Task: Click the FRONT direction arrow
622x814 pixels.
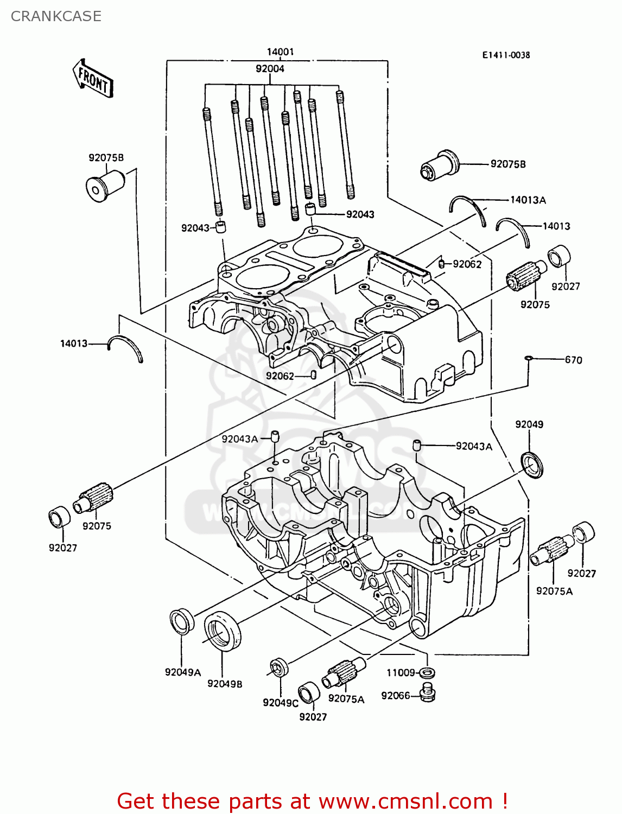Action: pos(93,79)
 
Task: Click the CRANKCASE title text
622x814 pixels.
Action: pos(56,16)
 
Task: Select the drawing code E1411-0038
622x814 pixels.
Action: pos(506,55)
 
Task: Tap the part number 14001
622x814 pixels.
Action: pos(280,52)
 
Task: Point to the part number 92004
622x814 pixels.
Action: pos(270,68)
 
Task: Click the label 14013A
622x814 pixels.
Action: pos(528,200)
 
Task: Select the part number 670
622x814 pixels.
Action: pos(573,360)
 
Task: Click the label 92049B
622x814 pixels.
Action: pos(225,684)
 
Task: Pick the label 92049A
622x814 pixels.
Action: pos(183,672)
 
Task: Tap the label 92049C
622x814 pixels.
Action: pos(280,703)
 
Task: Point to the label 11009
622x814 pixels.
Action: pos(401,672)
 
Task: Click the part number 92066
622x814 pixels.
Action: pos(395,696)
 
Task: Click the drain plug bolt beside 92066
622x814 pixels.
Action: pos(428,694)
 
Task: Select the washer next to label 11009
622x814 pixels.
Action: pos(428,673)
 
